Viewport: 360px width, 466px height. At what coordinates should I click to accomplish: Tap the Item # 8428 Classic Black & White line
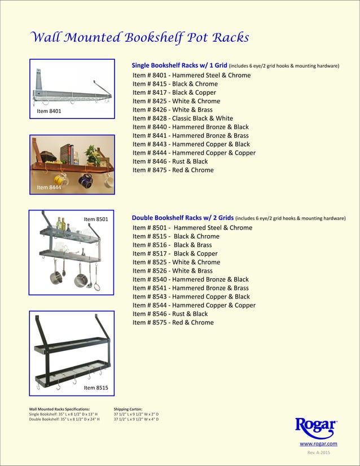pyautogui.click(x=182, y=118)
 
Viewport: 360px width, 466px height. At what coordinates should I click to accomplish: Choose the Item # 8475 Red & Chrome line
pyautogui.click(x=173, y=170)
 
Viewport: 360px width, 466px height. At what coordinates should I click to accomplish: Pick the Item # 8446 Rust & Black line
pyautogui.click(x=170, y=161)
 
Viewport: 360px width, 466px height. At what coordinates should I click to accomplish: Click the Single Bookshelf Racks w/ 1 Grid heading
pyautogui.click(x=179, y=65)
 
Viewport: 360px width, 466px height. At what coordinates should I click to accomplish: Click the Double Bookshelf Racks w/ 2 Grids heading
pyautogui.click(x=182, y=218)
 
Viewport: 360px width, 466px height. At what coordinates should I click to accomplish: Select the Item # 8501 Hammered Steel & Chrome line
pyautogui.click(x=192, y=228)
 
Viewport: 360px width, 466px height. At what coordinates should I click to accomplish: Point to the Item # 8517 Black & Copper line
pyautogui.click(x=175, y=254)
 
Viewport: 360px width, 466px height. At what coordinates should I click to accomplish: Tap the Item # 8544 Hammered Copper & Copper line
pyautogui.click(x=194, y=305)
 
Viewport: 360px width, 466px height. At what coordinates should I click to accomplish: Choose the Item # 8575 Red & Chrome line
pyautogui.click(x=173, y=323)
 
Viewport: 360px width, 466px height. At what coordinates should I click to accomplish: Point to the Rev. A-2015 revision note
pyautogui.click(x=318, y=453)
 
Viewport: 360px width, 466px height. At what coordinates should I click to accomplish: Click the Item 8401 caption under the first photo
pyautogui.click(x=49, y=112)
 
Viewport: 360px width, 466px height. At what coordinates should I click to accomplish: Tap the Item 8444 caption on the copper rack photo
pyautogui.click(x=49, y=187)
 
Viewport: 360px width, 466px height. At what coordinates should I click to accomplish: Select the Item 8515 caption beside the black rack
pyautogui.click(x=96, y=388)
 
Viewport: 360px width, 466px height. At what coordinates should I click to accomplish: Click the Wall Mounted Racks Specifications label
pyautogui.click(x=59, y=409)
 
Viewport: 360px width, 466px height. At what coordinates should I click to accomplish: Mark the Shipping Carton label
pyautogui.click(x=128, y=409)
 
